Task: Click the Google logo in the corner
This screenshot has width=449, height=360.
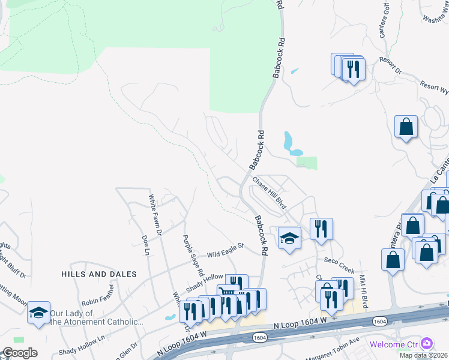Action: click(20, 353)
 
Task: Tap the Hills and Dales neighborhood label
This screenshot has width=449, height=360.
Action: click(99, 274)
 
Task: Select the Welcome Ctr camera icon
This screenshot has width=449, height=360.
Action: click(427, 343)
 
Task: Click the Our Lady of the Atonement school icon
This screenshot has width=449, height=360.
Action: click(38, 312)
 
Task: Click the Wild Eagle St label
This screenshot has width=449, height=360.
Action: click(225, 250)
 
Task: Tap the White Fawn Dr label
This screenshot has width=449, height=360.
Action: click(154, 214)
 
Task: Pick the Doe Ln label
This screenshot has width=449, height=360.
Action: click(145, 245)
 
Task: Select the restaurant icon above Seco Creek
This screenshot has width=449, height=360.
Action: click(321, 229)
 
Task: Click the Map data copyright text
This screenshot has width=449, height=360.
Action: click(424, 355)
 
